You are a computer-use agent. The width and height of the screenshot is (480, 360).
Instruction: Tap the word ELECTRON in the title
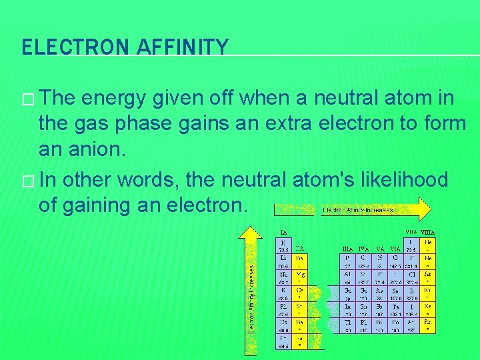[71, 47]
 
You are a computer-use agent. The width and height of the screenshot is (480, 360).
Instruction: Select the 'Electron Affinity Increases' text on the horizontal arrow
[357, 209]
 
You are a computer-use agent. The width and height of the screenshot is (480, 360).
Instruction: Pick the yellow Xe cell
[428, 311]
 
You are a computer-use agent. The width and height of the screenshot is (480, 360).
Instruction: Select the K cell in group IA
[285, 294]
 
